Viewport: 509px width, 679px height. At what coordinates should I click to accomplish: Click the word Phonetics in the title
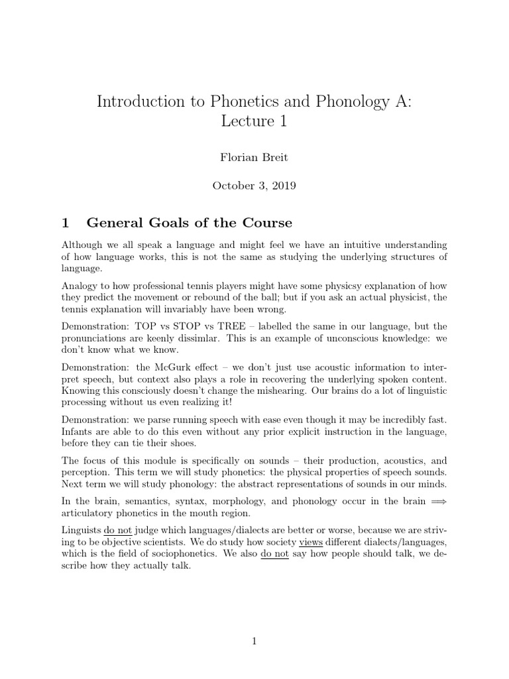(243, 101)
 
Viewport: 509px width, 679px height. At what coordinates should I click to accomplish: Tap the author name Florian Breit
(254, 158)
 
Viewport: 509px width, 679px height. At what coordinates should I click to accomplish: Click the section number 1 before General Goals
(65, 221)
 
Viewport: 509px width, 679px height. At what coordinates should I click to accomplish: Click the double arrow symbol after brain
(439, 502)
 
